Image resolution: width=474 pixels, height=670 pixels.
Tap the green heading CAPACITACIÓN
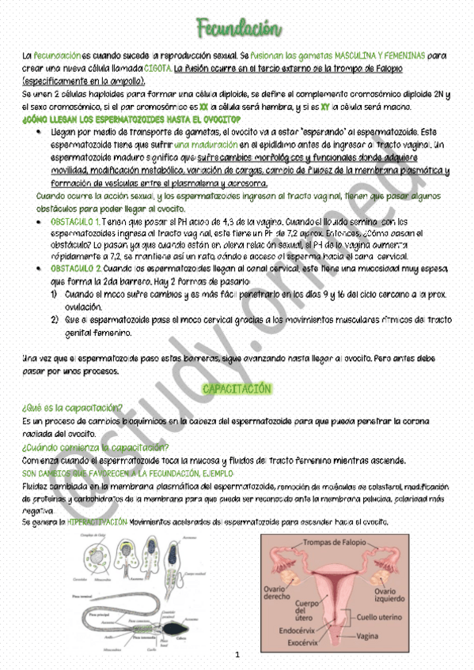(x=237, y=389)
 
